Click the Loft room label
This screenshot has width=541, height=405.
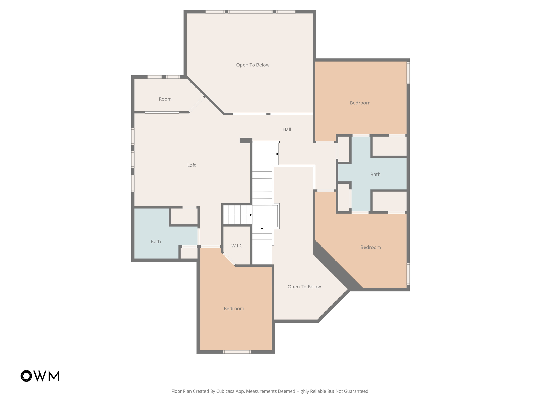pos(191,165)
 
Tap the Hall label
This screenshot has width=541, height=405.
pos(287,129)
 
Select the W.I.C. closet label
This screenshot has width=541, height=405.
pos(237,246)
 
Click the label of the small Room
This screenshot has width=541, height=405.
pos(165,99)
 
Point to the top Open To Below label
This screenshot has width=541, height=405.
pos(253,65)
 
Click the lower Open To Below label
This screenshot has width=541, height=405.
pos(304,287)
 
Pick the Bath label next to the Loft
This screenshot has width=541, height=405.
pos(156,242)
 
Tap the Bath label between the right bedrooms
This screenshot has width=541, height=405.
pos(375,174)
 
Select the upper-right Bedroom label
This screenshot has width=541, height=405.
pos(360,103)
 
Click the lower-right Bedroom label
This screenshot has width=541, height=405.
pos(370,247)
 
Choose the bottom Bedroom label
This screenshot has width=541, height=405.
pos(234,308)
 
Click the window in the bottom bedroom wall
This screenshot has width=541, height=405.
pos(237,352)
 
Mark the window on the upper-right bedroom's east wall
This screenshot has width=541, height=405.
pos(408,73)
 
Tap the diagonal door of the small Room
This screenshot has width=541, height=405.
pos(197,104)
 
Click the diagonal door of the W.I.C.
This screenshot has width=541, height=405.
pos(229,259)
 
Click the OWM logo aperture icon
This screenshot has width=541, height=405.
pos(26,376)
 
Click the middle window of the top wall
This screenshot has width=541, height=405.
pos(250,12)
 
